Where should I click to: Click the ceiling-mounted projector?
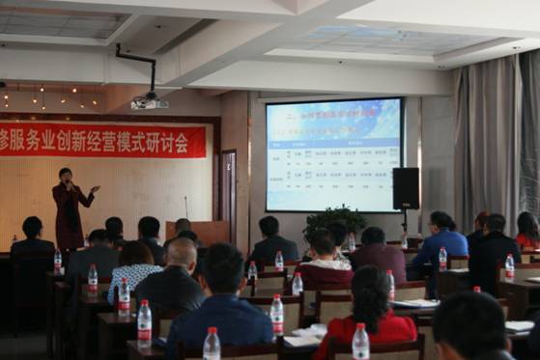148,100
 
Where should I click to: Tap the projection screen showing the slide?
333,154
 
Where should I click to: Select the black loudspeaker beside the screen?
406,188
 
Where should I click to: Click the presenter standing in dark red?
70,208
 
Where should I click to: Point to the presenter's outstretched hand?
95,189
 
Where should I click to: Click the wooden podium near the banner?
199,232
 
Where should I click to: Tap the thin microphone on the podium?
186,208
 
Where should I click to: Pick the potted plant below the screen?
334,223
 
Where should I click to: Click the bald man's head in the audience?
179,253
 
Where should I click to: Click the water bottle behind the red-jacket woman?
360,342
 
